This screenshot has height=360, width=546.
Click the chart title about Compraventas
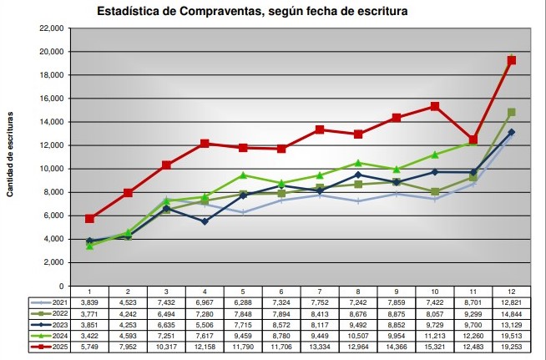(x=253, y=12)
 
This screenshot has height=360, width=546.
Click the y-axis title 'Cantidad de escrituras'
(x=11, y=155)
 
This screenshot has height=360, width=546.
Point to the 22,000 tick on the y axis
(x=52, y=28)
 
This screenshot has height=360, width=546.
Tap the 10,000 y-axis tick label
(x=52, y=169)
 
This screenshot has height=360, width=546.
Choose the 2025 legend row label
(x=56, y=347)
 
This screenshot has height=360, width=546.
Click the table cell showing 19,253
(x=511, y=347)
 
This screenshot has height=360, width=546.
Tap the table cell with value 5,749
(x=89, y=347)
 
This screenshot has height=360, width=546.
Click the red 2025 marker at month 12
(x=512, y=60)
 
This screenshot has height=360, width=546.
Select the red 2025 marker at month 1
(x=89, y=219)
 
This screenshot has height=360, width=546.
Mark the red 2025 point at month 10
(x=435, y=107)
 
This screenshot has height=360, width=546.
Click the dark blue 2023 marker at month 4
(x=205, y=221)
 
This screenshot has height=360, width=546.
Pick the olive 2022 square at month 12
(x=512, y=112)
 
